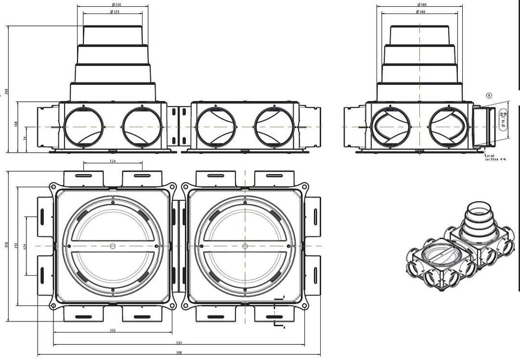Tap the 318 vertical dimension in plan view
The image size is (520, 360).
[6, 246]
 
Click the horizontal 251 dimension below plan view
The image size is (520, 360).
[113, 331]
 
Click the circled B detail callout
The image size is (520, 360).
[488, 95]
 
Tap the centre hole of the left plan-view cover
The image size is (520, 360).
[113, 246]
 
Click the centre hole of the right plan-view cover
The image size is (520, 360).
[245, 246]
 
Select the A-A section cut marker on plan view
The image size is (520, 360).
[278, 312]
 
